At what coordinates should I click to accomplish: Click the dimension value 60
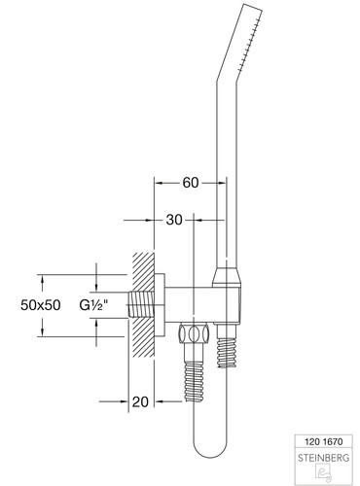[191, 183]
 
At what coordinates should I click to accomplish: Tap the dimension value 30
[174, 220]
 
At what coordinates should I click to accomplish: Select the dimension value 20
[140, 402]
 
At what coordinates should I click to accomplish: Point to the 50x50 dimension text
[41, 305]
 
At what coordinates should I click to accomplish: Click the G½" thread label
[93, 305]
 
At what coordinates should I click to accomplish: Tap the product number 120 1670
[323, 441]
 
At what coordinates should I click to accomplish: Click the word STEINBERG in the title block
[323, 458]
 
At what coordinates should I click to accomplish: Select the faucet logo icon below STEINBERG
[323, 473]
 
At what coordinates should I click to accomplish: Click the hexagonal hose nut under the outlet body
[193, 333]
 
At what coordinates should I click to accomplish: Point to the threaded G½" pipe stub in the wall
[141, 304]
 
